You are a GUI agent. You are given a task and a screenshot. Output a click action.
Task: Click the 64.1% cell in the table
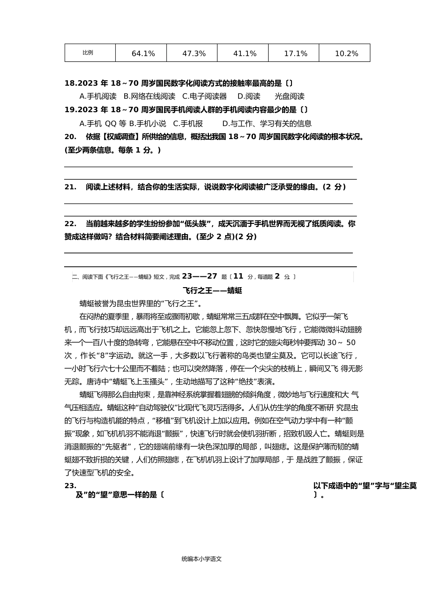(x=143, y=53)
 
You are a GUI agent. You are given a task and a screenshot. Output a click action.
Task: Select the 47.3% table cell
(x=194, y=53)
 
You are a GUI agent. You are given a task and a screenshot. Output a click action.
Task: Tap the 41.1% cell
(x=245, y=53)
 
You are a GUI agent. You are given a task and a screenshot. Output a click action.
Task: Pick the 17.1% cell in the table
(x=296, y=53)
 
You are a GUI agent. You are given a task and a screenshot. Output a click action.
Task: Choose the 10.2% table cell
(x=346, y=53)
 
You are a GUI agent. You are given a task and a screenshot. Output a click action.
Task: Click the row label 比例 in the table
(x=88, y=52)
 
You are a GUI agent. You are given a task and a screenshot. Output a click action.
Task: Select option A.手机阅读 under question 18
(x=98, y=96)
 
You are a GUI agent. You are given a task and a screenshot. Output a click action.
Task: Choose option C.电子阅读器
(x=204, y=96)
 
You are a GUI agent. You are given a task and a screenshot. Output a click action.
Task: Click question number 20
(x=70, y=137)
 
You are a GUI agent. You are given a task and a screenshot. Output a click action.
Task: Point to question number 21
(x=70, y=187)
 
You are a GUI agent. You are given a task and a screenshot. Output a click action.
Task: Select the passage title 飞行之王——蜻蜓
(x=213, y=290)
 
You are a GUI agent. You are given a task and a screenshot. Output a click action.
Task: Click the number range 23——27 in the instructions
(x=200, y=276)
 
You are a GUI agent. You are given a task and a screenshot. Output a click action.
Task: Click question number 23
(x=70, y=485)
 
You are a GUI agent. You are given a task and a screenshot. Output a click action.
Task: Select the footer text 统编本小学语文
(x=202, y=559)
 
